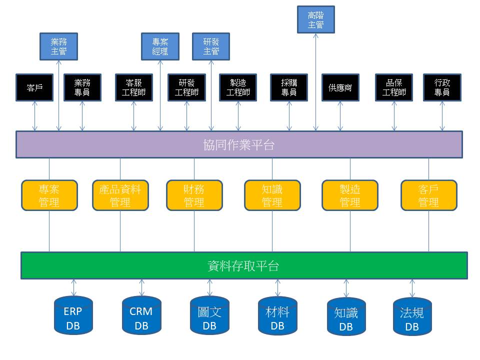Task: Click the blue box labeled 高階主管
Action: (x=315, y=19)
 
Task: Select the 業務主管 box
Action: (x=58, y=46)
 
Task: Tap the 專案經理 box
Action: (x=160, y=46)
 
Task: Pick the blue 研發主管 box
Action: (x=211, y=46)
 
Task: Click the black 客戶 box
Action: (x=34, y=87)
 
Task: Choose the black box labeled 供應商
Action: (x=340, y=87)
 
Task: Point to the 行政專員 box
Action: (x=442, y=87)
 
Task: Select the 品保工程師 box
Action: (x=394, y=87)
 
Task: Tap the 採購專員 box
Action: (x=289, y=87)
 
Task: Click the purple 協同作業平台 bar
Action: (x=239, y=144)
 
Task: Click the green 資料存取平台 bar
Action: (x=243, y=265)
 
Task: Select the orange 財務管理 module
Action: (x=194, y=195)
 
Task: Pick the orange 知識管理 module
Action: (x=272, y=195)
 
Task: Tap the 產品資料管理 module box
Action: (x=120, y=195)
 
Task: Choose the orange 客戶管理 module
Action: (x=428, y=195)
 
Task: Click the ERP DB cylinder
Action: (x=73, y=315)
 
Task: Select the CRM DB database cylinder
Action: (x=141, y=315)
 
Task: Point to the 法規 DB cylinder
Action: (x=412, y=316)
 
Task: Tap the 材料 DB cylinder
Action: (x=277, y=315)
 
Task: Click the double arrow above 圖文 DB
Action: (x=209, y=287)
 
